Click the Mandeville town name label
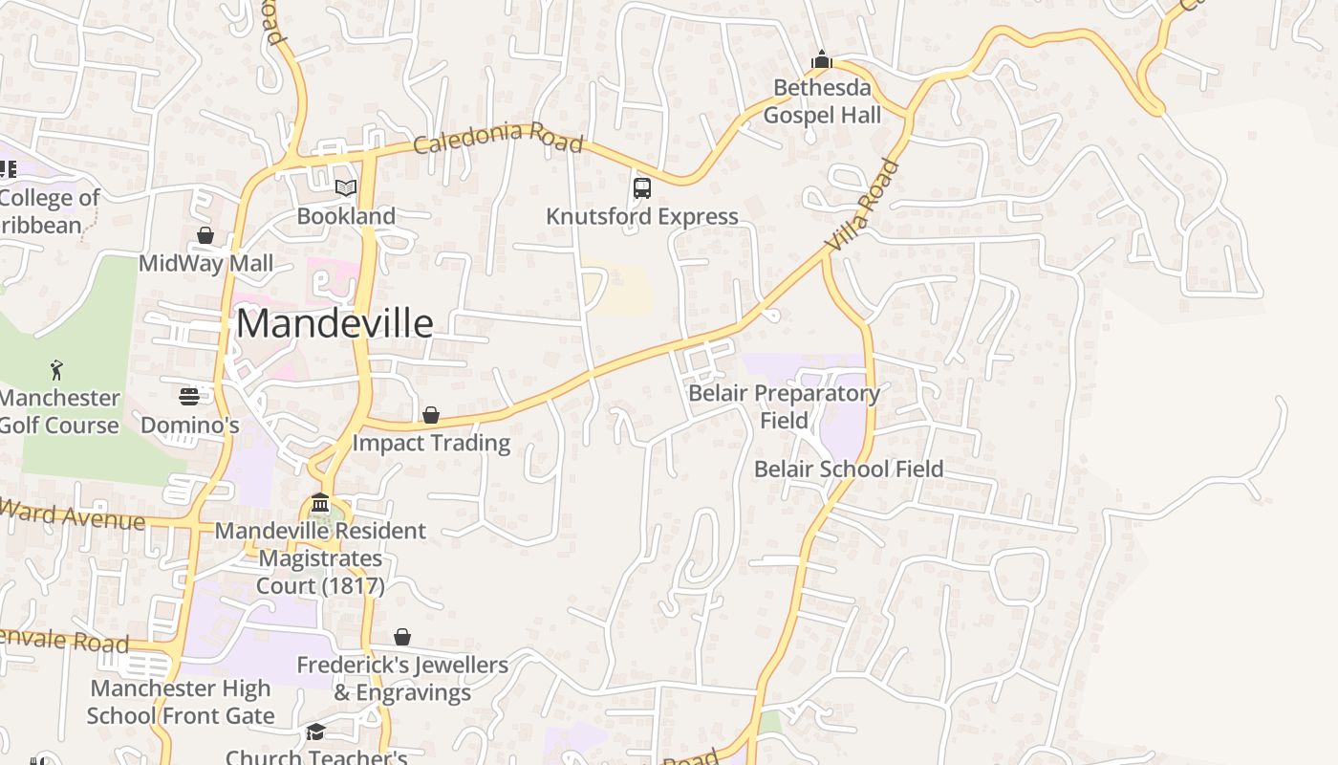click(334, 324)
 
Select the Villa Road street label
click(863, 206)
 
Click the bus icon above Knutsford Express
click(642, 187)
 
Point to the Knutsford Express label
click(642, 217)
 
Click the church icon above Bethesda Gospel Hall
click(821, 60)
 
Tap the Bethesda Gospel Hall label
click(822, 101)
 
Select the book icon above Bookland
click(346, 187)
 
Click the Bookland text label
click(346, 216)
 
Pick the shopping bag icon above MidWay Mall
click(205, 235)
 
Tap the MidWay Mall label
click(206, 264)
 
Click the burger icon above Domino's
click(189, 396)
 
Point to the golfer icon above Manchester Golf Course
click(57, 369)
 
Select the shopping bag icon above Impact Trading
click(431, 415)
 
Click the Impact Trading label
click(431, 444)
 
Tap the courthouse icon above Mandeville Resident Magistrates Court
click(320, 503)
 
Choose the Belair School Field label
click(849, 470)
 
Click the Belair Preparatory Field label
click(785, 406)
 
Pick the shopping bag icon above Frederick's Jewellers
click(402, 637)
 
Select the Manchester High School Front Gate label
click(181, 702)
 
